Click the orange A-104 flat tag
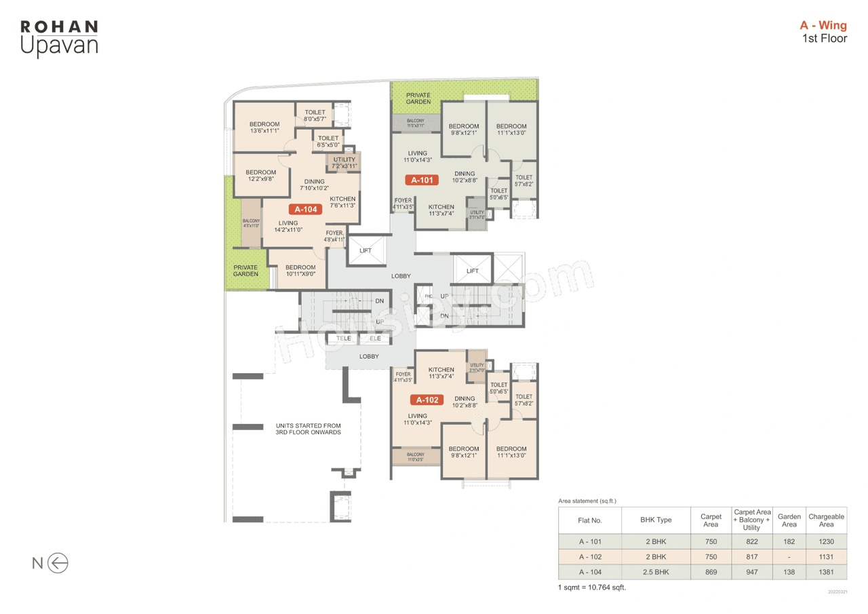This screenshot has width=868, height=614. pos(307,210)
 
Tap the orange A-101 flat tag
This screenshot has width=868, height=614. pos(421,180)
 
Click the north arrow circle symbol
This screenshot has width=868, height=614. pos(58,562)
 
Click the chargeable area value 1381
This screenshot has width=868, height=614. pos(826,572)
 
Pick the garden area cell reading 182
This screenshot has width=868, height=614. pos(789,541)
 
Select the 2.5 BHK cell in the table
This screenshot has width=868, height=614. pos(655,572)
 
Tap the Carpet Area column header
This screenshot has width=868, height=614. pos(711,520)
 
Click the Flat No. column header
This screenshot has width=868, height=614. pos(590,520)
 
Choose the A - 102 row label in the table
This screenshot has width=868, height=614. pos(590,556)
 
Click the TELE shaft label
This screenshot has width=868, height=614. pos(344,338)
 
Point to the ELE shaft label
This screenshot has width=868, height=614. pos(375,338)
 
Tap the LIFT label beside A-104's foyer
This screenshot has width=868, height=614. pos(366,251)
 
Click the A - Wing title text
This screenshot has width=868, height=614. pos(823,26)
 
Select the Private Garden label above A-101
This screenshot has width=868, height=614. pos(418,98)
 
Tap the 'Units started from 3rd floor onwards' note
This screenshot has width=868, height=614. pos(308,429)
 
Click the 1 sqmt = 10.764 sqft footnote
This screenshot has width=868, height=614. pos(591,587)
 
